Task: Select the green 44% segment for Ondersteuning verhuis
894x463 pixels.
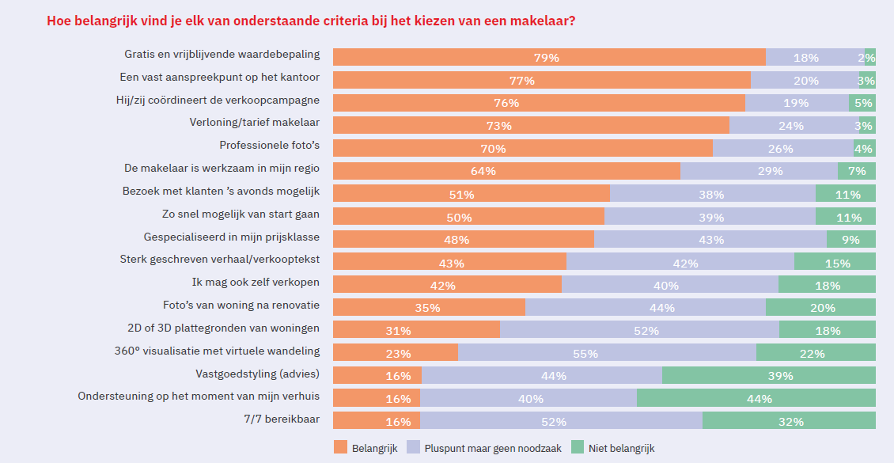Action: pos(756,398)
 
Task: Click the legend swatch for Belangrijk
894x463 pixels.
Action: pos(340,448)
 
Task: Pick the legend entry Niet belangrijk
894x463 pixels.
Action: pos(620,448)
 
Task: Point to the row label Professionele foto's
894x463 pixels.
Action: pos(269,146)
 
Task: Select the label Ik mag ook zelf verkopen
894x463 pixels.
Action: pos(256,282)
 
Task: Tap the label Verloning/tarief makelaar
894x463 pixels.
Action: pos(255,123)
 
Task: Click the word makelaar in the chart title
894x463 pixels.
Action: pos(542,21)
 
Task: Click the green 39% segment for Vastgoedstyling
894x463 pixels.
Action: pos(768,375)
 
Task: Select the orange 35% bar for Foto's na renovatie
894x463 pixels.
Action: pos(429,307)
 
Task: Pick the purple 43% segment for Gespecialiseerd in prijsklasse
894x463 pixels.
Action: pos(710,239)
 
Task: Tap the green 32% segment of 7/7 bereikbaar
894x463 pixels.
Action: pos(789,421)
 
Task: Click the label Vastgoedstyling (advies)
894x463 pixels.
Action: pos(257,373)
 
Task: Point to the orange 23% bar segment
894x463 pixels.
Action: pos(396,353)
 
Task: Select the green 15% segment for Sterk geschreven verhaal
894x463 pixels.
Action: pos(835,262)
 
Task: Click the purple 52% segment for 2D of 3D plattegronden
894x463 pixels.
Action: pos(639,330)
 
